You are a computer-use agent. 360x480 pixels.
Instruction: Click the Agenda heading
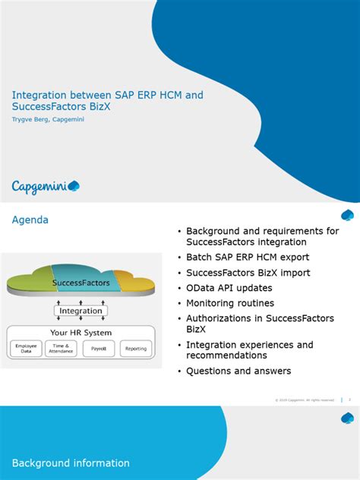(30, 220)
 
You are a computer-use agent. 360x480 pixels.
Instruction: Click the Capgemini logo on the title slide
(46, 187)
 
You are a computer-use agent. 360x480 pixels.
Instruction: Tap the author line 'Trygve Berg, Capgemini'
(47, 119)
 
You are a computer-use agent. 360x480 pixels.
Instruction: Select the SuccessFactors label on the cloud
(81, 283)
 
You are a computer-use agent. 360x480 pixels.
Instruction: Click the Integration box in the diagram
(81, 311)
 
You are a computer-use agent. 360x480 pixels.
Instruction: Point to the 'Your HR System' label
(81, 333)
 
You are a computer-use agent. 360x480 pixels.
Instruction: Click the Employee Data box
(26, 349)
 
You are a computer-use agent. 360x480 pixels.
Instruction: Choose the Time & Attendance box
(62, 349)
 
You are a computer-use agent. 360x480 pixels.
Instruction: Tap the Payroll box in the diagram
(98, 349)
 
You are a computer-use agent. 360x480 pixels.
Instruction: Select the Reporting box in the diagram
(136, 349)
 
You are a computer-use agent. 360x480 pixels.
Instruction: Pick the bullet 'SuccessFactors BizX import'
(248, 273)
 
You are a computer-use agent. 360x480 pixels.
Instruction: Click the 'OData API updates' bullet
(229, 288)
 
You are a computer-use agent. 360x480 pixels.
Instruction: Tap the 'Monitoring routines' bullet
(230, 303)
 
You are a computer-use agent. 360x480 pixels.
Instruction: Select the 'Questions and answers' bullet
(238, 371)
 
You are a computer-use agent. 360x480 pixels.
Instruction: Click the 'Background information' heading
(71, 463)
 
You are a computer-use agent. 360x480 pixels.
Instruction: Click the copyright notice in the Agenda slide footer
(304, 399)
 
